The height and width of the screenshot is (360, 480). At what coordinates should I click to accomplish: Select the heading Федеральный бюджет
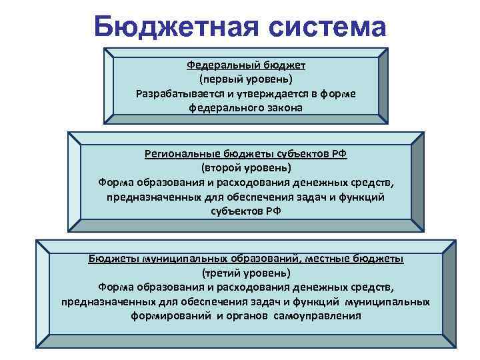(245, 65)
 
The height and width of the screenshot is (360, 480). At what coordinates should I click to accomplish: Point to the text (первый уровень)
(245, 79)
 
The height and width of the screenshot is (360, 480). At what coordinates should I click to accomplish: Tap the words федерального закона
(245, 107)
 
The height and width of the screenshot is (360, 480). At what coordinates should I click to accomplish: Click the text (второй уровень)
(245, 167)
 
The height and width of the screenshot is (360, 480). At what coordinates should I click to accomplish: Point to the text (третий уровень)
(245, 273)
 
